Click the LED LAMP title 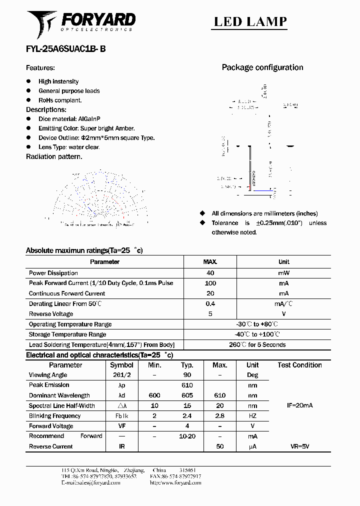(250, 21)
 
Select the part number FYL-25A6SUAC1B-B (65, 49)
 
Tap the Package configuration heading (262, 67)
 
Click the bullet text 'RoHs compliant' (60, 100)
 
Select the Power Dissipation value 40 (210, 273)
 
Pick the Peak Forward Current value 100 (210, 283)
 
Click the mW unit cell (283, 273)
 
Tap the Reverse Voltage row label (51, 314)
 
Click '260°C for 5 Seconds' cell (257, 344)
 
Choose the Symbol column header (121, 365)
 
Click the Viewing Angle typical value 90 (186, 375)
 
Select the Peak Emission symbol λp (121, 385)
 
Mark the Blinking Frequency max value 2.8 (219, 416)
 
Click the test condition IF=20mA (299, 405)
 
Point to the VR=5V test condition (299, 446)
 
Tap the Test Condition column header (299, 365)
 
